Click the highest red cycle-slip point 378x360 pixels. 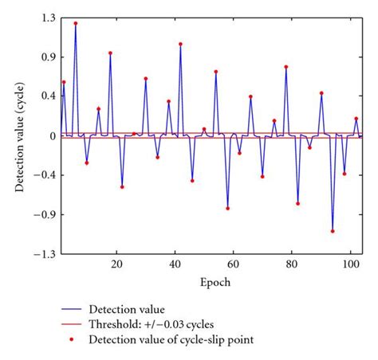click(x=76, y=24)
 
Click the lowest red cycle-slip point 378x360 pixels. click(x=332, y=231)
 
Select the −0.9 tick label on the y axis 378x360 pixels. click(x=42, y=215)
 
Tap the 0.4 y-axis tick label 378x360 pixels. click(x=45, y=96)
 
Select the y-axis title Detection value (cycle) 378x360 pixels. click(x=19, y=135)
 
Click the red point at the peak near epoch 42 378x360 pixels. click(x=180, y=45)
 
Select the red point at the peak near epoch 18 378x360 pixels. click(x=110, y=53)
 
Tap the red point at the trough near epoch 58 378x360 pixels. click(x=227, y=209)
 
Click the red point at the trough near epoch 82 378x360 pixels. click(x=297, y=203)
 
